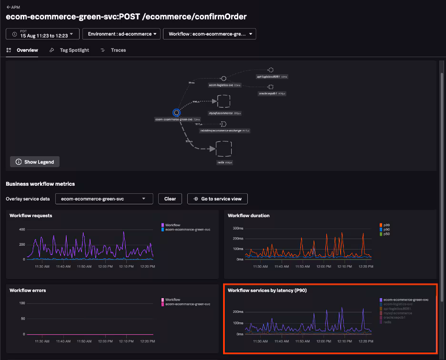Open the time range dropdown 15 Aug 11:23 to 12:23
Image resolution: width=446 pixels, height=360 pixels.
pos(42,34)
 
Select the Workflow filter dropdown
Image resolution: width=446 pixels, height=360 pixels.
pos(209,34)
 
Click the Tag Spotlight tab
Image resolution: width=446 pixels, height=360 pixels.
pos(74,50)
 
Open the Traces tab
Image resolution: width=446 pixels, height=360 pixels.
pos(118,50)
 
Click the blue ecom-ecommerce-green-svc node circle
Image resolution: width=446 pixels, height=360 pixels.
pos(176,112)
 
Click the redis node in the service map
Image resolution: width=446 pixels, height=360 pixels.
pos(223,149)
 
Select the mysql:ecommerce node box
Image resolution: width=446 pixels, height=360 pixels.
pos(223,101)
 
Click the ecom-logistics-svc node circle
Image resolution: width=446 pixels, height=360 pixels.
pos(223,79)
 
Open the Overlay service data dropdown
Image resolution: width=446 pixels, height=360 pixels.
pos(104,199)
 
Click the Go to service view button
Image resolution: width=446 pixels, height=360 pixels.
pos(217,199)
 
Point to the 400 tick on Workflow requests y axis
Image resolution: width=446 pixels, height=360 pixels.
pos(21,229)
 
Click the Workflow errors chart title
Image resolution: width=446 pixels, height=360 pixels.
pos(27,290)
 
